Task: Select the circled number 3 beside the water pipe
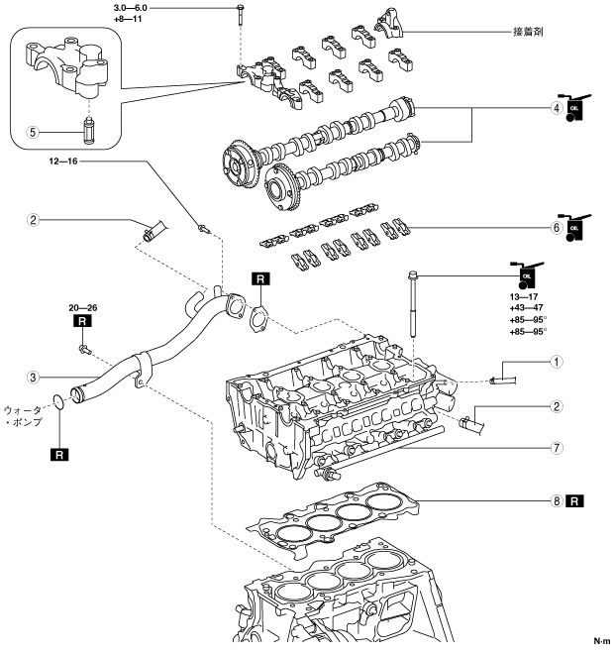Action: pos(34,377)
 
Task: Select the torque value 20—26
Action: pos(84,307)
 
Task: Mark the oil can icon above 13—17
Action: pos(526,273)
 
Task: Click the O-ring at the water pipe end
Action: pos(61,401)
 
